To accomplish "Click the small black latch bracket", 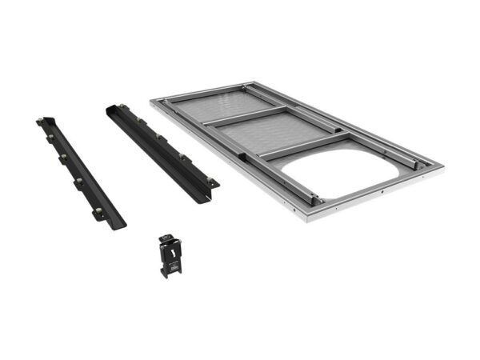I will (x=170, y=254).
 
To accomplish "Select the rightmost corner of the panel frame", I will (x=441, y=166).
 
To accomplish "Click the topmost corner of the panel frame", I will (x=252, y=82).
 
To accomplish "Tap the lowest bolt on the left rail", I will (x=98, y=211).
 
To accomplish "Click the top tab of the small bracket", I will (x=166, y=236).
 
